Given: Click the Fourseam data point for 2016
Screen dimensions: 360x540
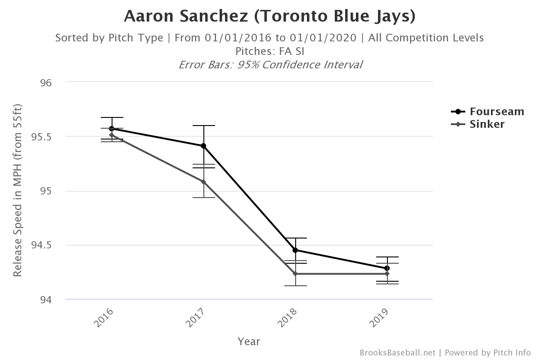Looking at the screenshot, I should pyautogui.click(x=111, y=129).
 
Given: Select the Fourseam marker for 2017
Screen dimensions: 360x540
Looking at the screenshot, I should pyautogui.click(x=203, y=146).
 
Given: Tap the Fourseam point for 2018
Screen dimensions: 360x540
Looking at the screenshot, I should pyautogui.click(x=296, y=250).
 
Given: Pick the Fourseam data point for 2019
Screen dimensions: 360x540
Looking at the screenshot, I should pyautogui.click(x=387, y=268).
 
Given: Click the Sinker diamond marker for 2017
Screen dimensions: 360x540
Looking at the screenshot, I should pyautogui.click(x=203, y=182).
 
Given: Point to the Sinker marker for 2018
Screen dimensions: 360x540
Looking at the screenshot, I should pyautogui.click(x=296, y=274).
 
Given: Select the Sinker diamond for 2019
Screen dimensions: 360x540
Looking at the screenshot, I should pyautogui.click(x=387, y=274).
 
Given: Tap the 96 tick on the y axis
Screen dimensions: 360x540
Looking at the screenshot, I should pyautogui.click(x=46, y=83).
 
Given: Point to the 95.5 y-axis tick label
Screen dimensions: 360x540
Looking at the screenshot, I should pyautogui.click(x=41, y=137).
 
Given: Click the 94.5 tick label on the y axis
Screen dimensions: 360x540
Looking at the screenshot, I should pyautogui.click(x=41, y=246).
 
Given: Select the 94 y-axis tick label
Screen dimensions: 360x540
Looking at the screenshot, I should pyautogui.click(x=46, y=300).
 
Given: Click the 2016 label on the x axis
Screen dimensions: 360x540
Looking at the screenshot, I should pyautogui.click(x=104, y=318).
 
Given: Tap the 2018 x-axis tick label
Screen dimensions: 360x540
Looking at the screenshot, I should pyautogui.click(x=288, y=318).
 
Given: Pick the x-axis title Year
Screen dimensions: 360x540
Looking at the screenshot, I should pyautogui.click(x=249, y=342).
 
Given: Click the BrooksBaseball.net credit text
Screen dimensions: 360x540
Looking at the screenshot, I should pyautogui.click(x=397, y=353).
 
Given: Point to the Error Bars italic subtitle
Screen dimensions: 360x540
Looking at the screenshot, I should pyautogui.click(x=270, y=64).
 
